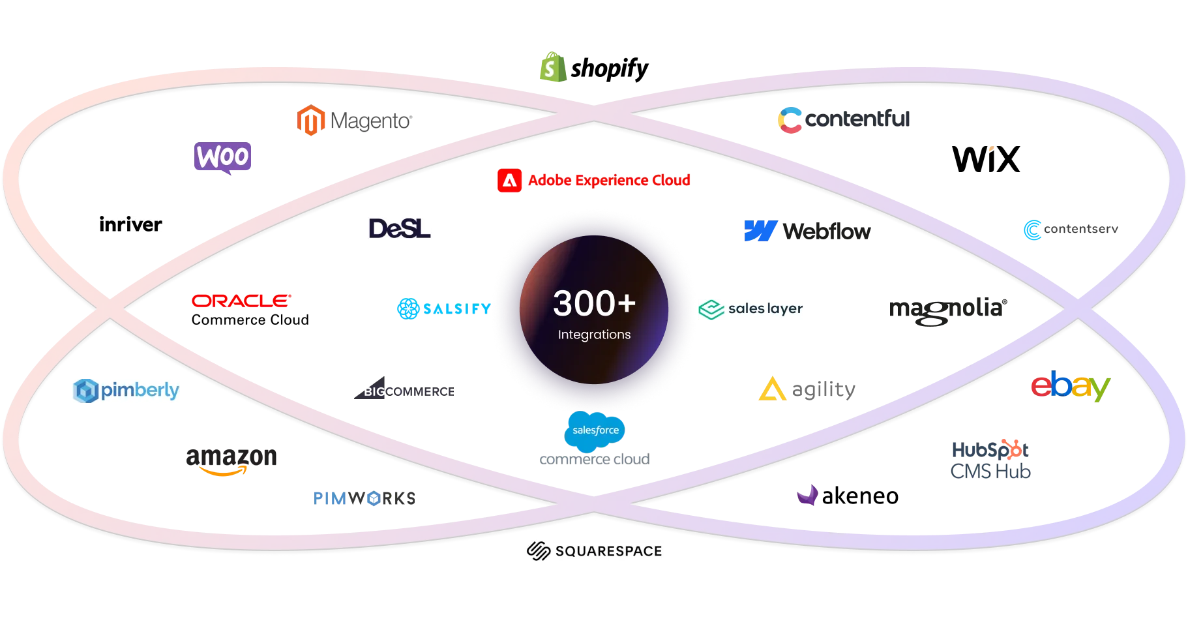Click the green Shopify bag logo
click(552, 67)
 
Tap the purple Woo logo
click(224, 157)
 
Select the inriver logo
click(132, 224)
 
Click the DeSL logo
click(399, 228)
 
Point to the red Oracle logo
click(241, 300)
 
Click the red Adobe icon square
click(509, 181)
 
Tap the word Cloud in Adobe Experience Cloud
click(672, 180)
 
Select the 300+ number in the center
click(594, 303)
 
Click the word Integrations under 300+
click(594, 335)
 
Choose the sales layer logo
click(750, 309)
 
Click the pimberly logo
click(125, 391)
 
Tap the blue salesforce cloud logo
click(595, 431)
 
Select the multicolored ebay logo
click(1070, 387)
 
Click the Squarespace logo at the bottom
click(594, 552)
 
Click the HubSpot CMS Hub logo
click(990, 459)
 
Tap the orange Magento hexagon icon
click(311, 121)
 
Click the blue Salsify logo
click(443, 308)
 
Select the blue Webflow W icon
click(760, 231)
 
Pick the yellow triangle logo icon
click(772, 390)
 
